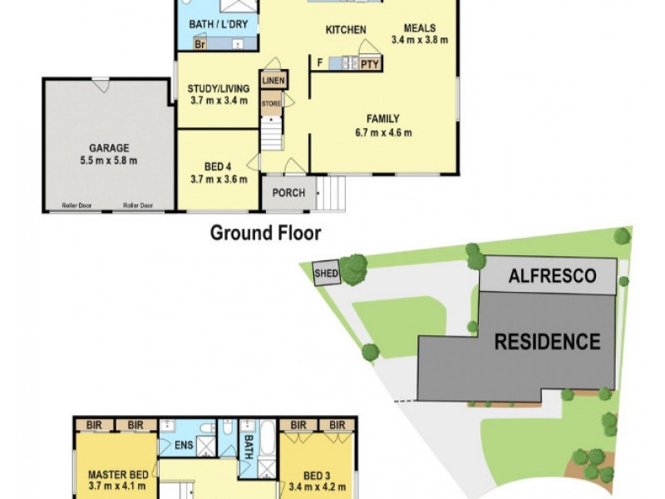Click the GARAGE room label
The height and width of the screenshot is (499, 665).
(x=109, y=148)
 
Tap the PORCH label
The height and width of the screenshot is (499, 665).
(x=288, y=194)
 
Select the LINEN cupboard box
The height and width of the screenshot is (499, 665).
(x=273, y=81)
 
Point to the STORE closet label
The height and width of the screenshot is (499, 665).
(x=272, y=103)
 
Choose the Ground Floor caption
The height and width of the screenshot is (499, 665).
(x=265, y=232)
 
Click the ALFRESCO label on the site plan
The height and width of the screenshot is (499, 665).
(x=552, y=275)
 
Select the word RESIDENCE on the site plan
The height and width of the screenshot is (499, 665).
(x=547, y=341)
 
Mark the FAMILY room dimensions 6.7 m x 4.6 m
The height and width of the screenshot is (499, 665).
(x=383, y=132)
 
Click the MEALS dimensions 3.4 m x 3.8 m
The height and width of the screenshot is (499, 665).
(x=420, y=39)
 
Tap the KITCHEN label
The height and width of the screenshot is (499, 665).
(x=346, y=30)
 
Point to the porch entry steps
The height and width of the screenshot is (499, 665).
(x=331, y=196)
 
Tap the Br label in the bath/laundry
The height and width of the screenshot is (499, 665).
(x=199, y=44)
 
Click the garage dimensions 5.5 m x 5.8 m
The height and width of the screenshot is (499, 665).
(x=109, y=161)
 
